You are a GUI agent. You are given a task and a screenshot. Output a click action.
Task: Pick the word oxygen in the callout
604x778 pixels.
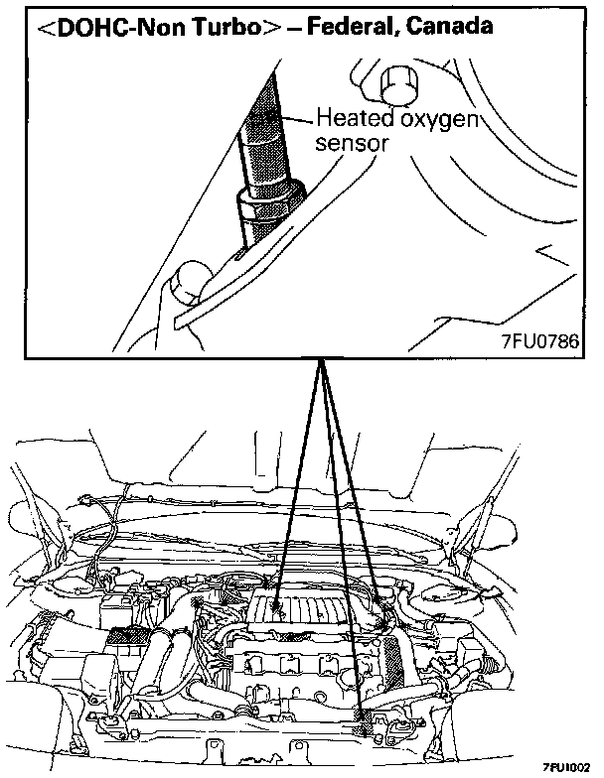(x=434, y=121)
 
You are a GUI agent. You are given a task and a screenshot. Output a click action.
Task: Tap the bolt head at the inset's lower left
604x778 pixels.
(x=188, y=284)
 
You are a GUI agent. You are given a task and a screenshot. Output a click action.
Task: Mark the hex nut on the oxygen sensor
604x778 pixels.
(x=258, y=207)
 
